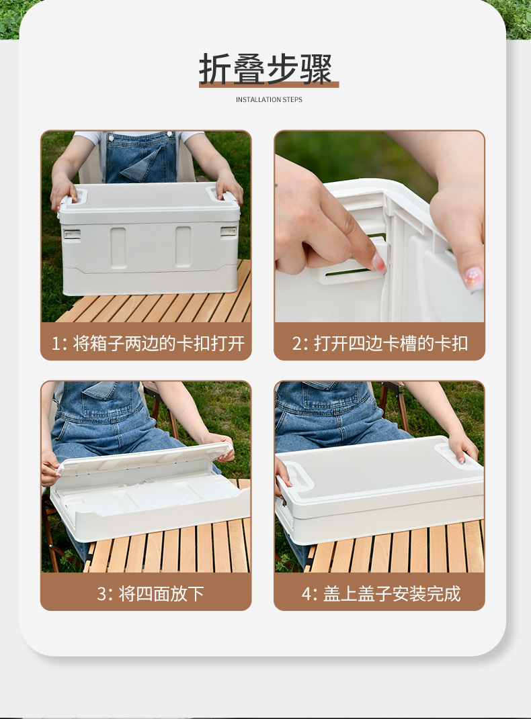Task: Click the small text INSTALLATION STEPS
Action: [269, 100]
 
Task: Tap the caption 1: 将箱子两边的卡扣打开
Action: [147, 343]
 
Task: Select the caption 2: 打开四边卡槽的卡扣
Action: [380, 343]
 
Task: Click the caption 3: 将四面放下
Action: [147, 593]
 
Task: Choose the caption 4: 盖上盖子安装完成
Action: [380, 593]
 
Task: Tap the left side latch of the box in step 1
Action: [72, 234]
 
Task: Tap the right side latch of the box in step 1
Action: [229, 232]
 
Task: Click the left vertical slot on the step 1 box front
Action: [118, 248]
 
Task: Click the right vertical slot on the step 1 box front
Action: [183, 246]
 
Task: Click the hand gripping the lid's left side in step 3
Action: [49, 468]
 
